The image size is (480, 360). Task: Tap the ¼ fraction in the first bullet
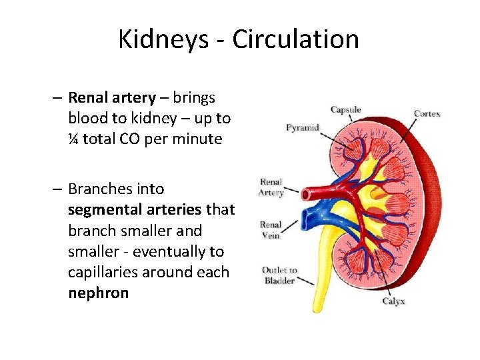pos(73,139)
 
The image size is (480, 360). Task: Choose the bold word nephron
pos(98,293)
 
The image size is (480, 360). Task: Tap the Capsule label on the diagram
pos(347,110)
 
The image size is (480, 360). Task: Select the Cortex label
pos(427,113)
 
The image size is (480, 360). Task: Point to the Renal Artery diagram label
pos(271,187)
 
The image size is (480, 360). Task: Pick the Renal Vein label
pos(271,230)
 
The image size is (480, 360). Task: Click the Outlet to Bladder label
pos(279,275)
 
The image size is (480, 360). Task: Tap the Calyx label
pos(393,301)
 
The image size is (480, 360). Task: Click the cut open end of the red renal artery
pos(306,195)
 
